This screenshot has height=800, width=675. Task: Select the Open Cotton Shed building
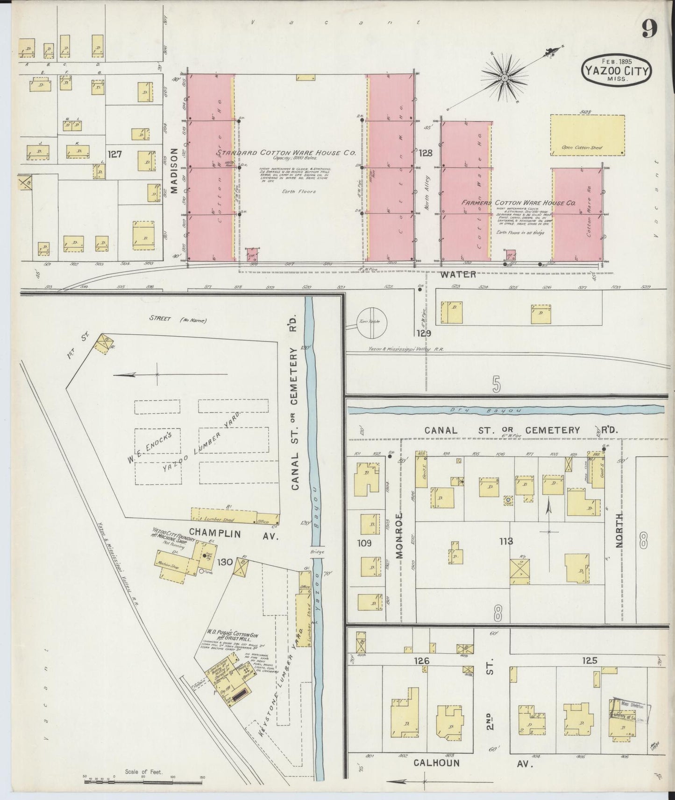tap(588, 135)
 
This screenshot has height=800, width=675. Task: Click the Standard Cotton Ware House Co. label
tap(286, 153)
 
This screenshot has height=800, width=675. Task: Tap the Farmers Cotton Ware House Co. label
tap(519, 203)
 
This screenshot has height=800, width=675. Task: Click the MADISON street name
tap(174, 170)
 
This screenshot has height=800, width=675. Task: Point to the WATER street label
tap(458, 274)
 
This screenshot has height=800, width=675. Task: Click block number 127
tap(114, 154)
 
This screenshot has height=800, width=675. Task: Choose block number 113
tap(506, 541)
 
